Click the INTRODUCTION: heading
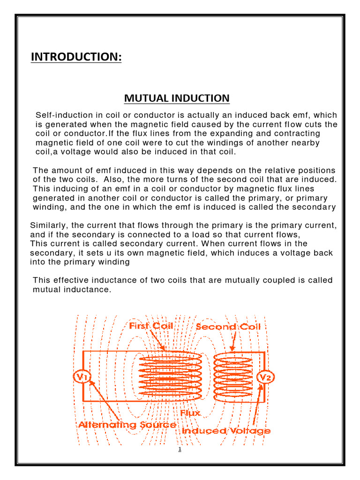click(76, 57)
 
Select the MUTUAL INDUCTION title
click(177, 98)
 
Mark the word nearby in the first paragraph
click(306, 143)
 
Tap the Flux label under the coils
click(190, 413)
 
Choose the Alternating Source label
click(127, 425)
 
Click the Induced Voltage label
click(226, 430)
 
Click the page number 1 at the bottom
click(180, 450)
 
